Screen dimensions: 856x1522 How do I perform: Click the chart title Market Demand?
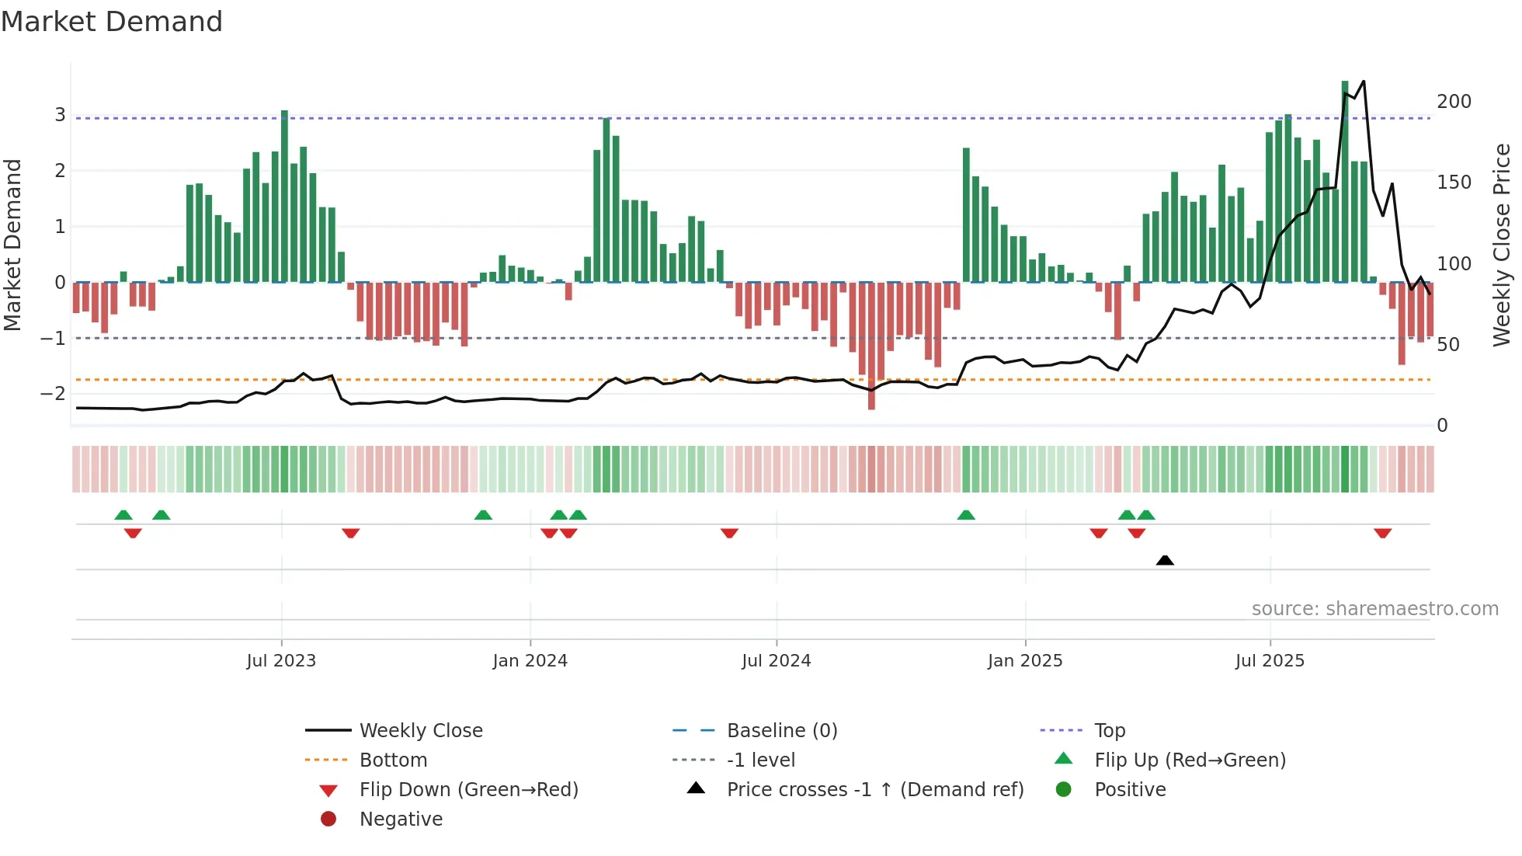(x=112, y=22)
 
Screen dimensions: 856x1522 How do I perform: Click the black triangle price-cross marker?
(x=1165, y=560)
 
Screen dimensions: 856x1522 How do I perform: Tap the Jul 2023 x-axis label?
(x=281, y=661)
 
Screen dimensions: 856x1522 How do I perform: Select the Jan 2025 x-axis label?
(x=1025, y=661)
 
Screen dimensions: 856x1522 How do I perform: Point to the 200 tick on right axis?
(x=1454, y=102)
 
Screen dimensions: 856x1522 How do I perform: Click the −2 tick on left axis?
(x=53, y=394)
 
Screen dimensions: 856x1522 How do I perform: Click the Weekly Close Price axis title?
(x=1502, y=245)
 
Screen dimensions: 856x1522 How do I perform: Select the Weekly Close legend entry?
(x=420, y=731)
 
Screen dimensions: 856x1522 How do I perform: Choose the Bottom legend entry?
(x=393, y=760)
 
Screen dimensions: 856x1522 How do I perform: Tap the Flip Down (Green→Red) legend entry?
(x=468, y=790)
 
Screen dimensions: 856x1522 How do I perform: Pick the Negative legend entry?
(x=401, y=819)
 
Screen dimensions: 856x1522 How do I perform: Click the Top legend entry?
(x=1110, y=731)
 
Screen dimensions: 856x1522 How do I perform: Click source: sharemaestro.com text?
(x=1374, y=609)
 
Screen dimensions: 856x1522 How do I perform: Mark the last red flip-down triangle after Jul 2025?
(x=1382, y=533)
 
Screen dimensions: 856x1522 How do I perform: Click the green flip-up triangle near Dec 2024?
(x=966, y=515)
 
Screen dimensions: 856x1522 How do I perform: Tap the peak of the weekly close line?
(x=1364, y=82)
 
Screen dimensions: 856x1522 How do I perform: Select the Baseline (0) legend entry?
(x=781, y=731)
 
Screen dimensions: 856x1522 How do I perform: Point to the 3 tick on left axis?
(x=60, y=115)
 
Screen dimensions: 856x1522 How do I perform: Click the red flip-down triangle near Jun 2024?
(x=729, y=533)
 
